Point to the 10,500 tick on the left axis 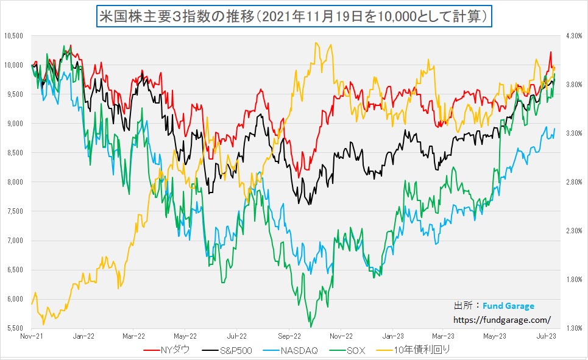tap(13, 36)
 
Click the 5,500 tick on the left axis tap(13, 328)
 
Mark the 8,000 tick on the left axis tap(13, 182)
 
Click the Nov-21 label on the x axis tap(31, 336)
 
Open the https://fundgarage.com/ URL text tap(502, 319)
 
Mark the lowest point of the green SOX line tap(311, 326)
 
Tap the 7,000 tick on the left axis tap(13, 241)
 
